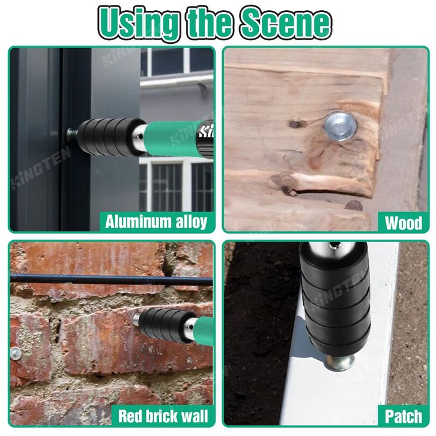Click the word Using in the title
pos(138,23)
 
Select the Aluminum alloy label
pos(156,222)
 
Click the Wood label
pos(403,222)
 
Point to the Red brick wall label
pos(163,416)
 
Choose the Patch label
pos(403,416)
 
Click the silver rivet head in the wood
pos(340,127)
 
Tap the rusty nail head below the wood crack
pos(354,206)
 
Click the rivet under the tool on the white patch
pos(341,363)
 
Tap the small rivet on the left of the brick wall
pos(16,353)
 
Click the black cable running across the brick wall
pos(111,279)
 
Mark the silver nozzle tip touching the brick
pos(136,319)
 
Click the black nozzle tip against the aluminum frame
pos(71,135)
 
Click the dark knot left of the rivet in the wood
pos(295,124)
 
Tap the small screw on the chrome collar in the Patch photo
pos(332,245)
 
